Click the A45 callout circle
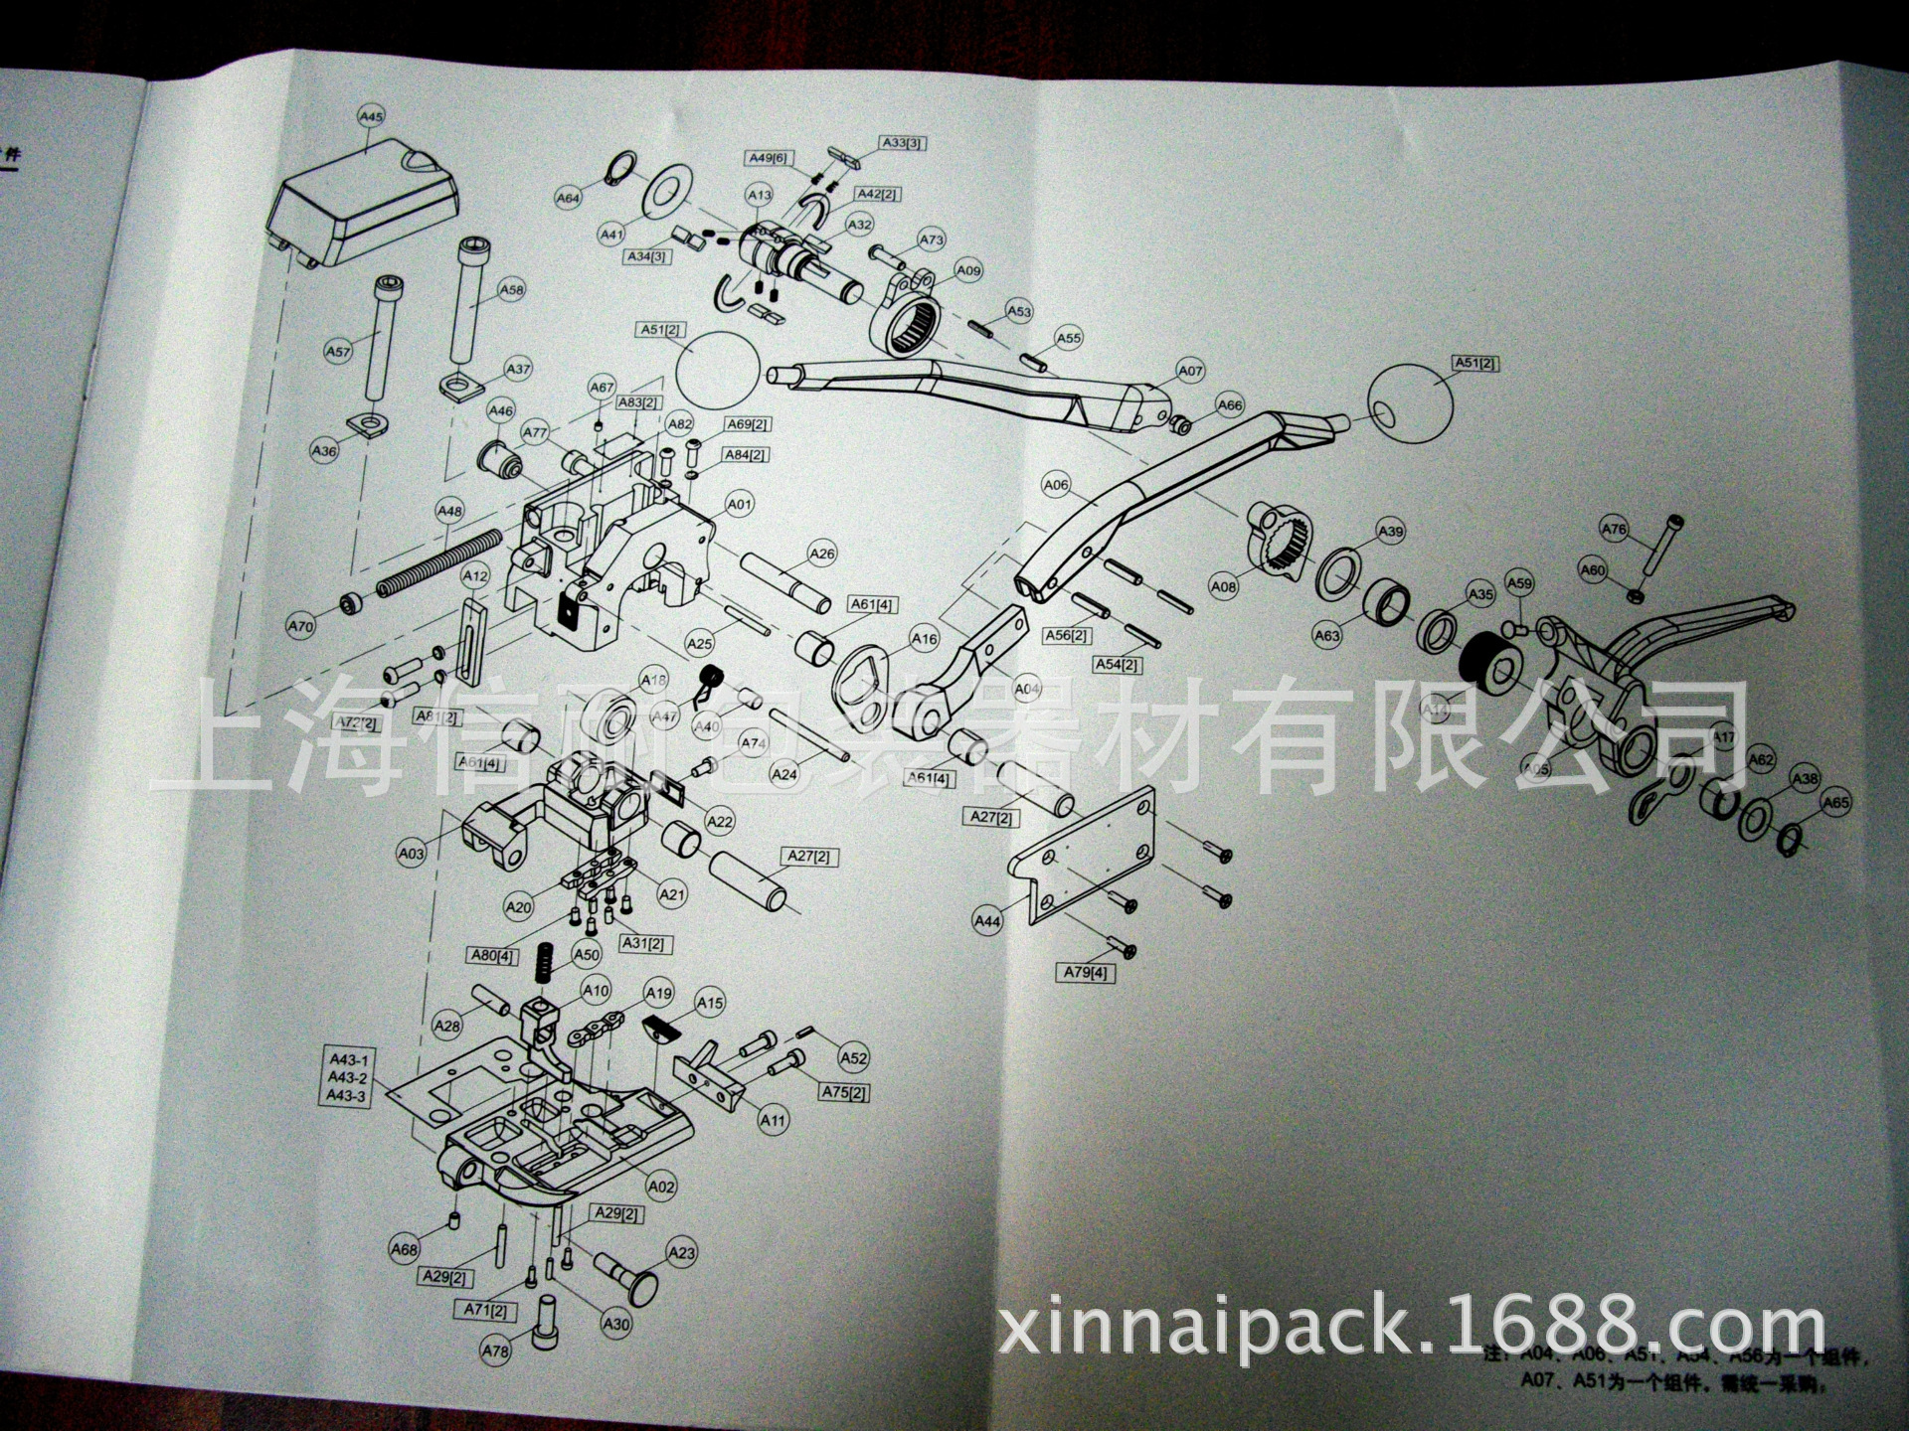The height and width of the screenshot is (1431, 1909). [370, 117]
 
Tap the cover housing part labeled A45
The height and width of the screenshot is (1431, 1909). [368, 203]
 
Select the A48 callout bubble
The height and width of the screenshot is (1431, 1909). [449, 512]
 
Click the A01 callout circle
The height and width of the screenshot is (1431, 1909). [739, 505]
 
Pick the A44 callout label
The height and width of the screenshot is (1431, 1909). [987, 921]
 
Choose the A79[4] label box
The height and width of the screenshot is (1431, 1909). [1085, 972]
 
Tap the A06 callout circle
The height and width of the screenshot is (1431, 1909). [1056, 485]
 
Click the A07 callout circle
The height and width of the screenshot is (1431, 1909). [1190, 371]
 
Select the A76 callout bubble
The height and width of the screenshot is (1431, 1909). [1614, 529]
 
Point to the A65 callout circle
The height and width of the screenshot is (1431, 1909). [1835, 803]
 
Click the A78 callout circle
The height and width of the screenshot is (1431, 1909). [494, 1351]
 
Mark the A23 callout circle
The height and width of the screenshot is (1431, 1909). [681, 1253]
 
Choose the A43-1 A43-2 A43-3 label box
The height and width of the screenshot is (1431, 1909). [347, 1078]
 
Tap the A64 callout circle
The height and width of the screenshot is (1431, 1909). [567, 198]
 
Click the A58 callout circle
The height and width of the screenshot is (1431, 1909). [511, 290]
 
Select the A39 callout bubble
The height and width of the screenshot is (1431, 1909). [1391, 532]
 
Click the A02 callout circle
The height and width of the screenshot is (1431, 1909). [661, 1187]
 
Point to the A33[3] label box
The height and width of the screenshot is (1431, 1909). [903, 143]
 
